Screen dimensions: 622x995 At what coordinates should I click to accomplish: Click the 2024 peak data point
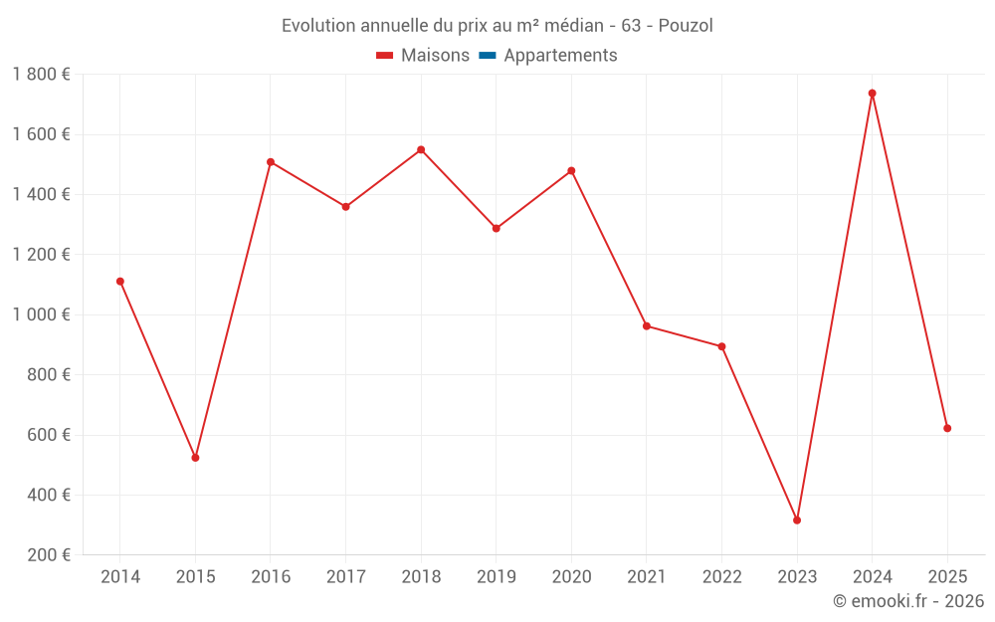(873, 94)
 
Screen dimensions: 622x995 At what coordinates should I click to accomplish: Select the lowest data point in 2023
(797, 520)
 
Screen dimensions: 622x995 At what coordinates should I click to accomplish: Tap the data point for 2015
(195, 458)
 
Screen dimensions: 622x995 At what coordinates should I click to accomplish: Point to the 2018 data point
(421, 150)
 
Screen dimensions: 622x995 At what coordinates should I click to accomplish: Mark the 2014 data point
(120, 282)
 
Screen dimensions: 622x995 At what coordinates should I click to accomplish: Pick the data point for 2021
(647, 326)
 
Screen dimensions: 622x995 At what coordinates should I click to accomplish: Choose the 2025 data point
(947, 429)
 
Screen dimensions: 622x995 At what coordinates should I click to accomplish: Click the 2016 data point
(271, 162)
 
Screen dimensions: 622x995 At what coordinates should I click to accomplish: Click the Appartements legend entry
(560, 56)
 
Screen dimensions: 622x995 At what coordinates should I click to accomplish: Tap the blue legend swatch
(488, 56)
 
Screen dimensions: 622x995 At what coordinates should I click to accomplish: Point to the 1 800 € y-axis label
(41, 75)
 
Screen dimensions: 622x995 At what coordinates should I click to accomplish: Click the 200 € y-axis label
(48, 555)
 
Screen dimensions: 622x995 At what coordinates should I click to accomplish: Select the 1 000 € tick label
(41, 314)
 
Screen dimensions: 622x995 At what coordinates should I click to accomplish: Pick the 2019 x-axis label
(497, 577)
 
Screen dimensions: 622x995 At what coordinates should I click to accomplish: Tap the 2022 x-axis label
(721, 577)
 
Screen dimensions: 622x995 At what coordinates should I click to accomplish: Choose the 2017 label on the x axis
(345, 577)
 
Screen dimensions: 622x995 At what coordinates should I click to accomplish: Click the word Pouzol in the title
(686, 26)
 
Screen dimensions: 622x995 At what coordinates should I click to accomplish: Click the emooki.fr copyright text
(908, 601)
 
